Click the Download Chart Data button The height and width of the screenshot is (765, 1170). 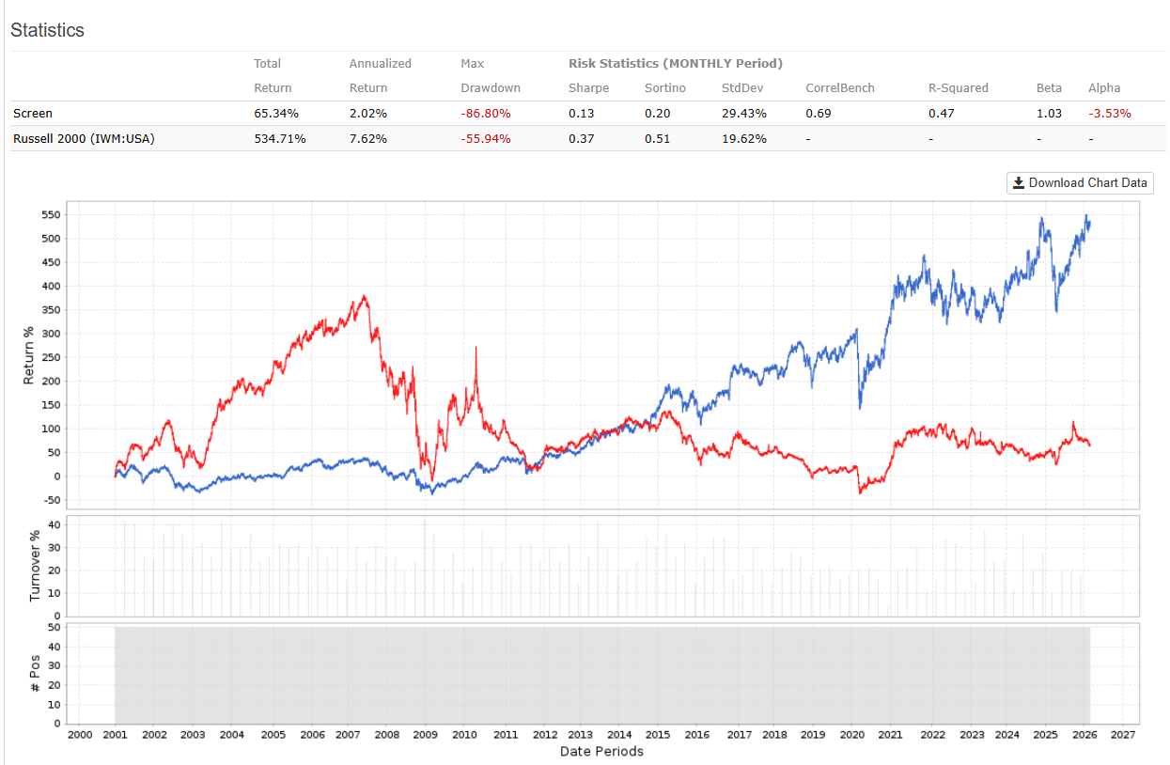[1080, 183]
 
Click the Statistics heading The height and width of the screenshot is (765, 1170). [47, 30]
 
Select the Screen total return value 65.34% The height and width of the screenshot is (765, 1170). [276, 114]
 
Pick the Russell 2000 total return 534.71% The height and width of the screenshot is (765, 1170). [280, 138]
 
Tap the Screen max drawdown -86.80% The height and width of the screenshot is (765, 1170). [486, 114]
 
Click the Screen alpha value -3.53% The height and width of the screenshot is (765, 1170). [1110, 114]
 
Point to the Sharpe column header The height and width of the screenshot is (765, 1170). [588, 88]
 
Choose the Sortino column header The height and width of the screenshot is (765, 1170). [664, 88]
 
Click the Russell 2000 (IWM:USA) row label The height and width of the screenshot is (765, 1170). [84, 138]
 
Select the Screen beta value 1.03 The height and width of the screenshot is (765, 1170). [1049, 114]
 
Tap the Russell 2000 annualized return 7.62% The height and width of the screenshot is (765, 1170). [368, 138]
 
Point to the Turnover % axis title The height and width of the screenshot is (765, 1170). [35, 566]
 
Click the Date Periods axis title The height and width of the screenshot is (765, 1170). [601, 752]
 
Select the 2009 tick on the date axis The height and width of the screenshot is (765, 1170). [426, 735]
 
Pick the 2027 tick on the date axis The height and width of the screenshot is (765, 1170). [1122, 735]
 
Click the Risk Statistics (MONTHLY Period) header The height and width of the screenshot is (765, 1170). [675, 64]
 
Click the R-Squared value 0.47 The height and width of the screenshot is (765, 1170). [942, 114]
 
